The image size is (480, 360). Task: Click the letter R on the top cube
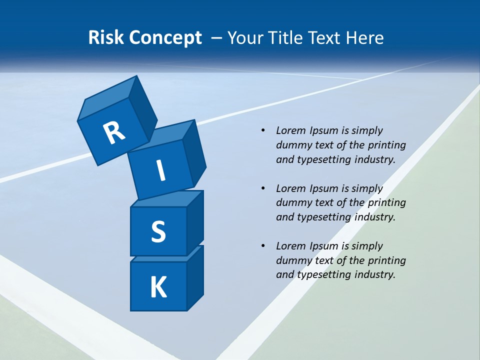(x=114, y=132)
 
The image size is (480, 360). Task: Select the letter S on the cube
(x=158, y=231)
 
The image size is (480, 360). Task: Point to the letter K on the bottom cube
(x=158, y=287)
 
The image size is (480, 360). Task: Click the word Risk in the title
(x=106, y=38)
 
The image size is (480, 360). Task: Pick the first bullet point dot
(x=262, y=130)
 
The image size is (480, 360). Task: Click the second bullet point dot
(x=262, y=188)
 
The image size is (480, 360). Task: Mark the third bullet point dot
(x=262, y=246)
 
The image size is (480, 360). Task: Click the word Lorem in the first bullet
(x=290, y=130)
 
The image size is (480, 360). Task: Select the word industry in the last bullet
(x=374, y=274)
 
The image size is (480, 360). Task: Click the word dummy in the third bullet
(x=293, y=260)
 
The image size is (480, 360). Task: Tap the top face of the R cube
(x=107, y=98)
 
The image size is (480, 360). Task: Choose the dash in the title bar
(x=217, y=38)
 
